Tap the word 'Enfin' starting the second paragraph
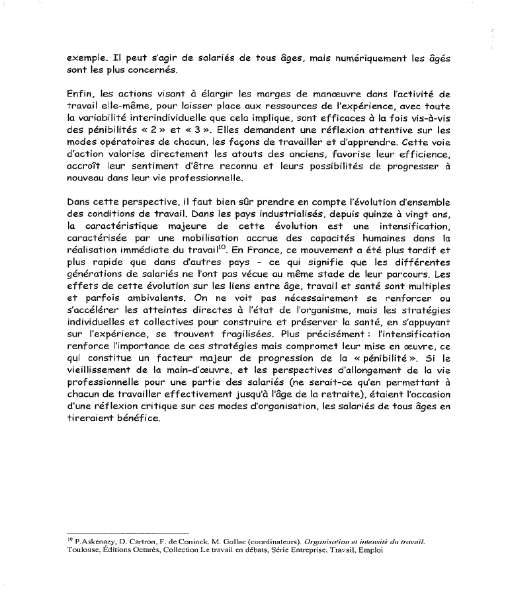coord(81,95)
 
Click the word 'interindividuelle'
coord(164,119)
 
